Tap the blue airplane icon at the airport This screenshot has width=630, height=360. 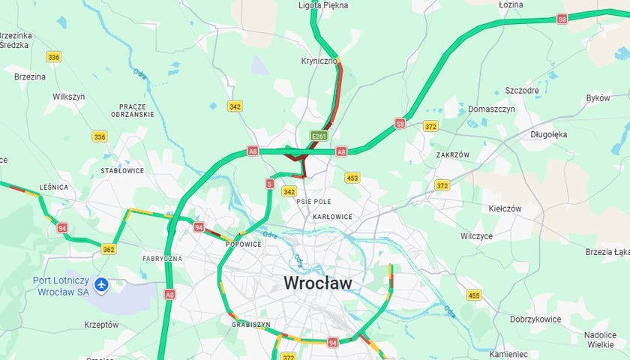coord(101,285)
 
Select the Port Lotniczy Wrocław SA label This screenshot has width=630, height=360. coord(61,286)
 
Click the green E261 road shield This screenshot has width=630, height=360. coord(319,136)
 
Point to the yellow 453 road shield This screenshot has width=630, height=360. coord(352,178)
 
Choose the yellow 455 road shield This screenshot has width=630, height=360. coord(473,295)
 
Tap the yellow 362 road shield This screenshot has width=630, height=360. coord(109,250)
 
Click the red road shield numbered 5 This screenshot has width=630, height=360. coord(269,183)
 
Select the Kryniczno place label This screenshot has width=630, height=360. coord(319,61)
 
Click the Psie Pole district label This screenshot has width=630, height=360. coord(314,202)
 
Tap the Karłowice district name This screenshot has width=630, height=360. coord(332,217)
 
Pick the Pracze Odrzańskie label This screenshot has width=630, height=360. coord(132,110)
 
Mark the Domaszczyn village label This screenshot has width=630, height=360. coord(491,109)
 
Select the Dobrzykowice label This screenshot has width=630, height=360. coord(535,319)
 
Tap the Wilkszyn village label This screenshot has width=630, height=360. coord(69,97)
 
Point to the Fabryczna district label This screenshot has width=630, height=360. coord(162,259)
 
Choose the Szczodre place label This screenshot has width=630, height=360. coord(522,91)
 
